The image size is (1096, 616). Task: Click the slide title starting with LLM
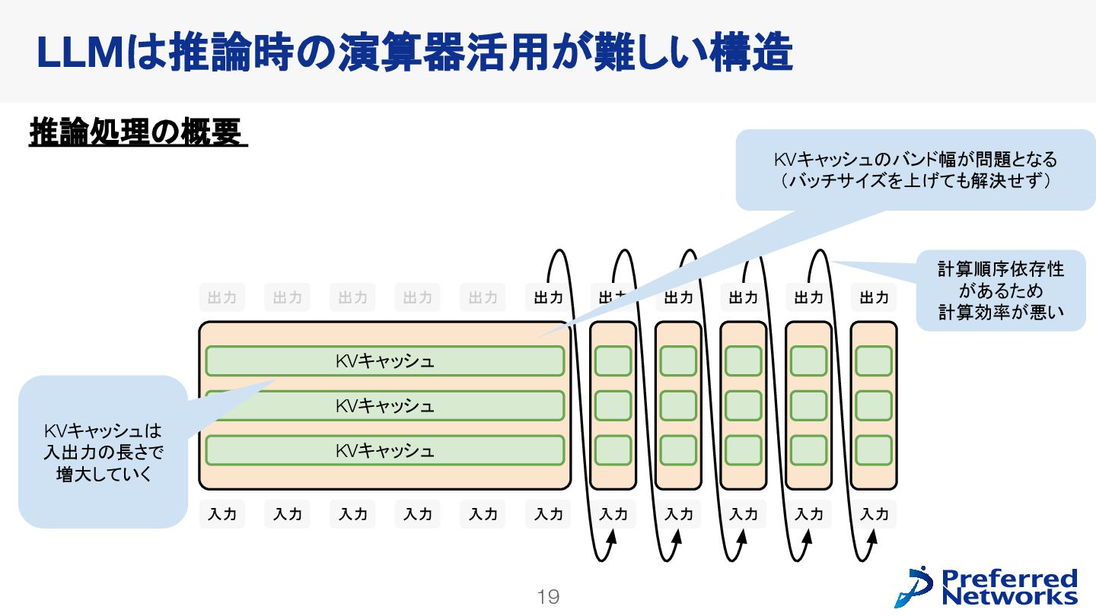(x=414, y=52)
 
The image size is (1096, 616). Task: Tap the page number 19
(x=548, y=597)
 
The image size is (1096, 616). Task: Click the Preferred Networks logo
(x=987, y=586)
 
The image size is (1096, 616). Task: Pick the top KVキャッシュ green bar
(x=385, y=360)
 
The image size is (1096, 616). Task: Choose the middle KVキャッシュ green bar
(x=385, y=405)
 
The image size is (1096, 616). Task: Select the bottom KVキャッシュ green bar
(x=385, y=450)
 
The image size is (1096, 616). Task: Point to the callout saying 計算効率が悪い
(x=1000, y=291)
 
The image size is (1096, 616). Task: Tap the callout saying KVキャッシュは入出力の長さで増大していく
(x=103, y=452)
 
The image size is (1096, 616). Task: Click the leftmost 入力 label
(x=222, y=515)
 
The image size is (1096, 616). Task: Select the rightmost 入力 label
(x=874, y=515)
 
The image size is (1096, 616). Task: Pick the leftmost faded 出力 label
(x=222, y=297)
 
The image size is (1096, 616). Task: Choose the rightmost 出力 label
(x=874, y=297)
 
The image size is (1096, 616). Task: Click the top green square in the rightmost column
(x=874, y=360)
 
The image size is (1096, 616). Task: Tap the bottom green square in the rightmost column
(x=874, y=450)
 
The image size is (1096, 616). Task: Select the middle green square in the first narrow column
(x=613, y=405)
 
